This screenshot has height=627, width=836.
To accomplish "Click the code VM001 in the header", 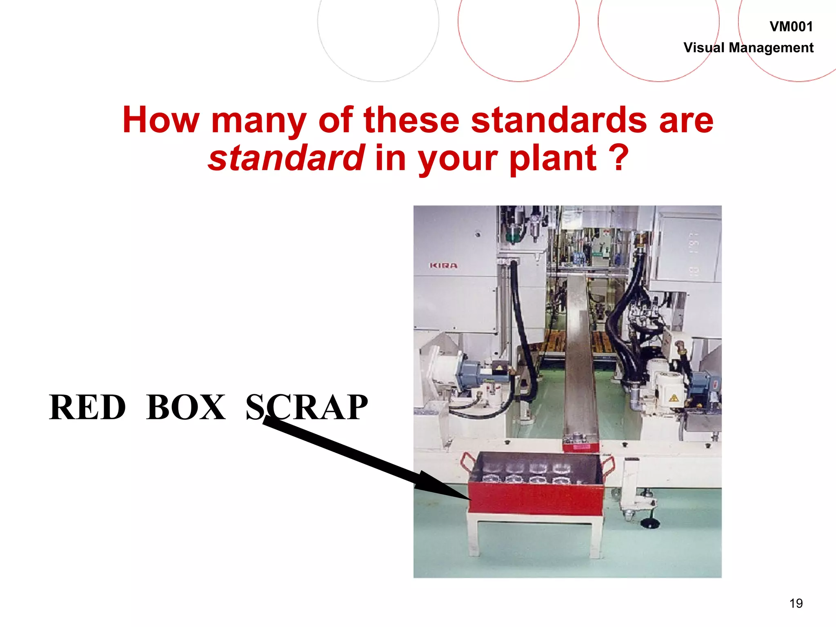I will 791,27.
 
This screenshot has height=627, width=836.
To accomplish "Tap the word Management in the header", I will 771,48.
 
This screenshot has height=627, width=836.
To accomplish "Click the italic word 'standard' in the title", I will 286,158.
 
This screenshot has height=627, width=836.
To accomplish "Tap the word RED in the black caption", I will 87,407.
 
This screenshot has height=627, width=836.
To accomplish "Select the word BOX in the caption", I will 186,407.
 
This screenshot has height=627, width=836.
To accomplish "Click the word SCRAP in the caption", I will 307,407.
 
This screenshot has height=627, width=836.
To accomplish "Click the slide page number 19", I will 796,603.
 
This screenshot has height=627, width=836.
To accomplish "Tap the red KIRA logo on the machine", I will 444,266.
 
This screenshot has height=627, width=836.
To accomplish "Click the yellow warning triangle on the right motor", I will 673,398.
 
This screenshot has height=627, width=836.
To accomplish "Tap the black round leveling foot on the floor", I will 649,523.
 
